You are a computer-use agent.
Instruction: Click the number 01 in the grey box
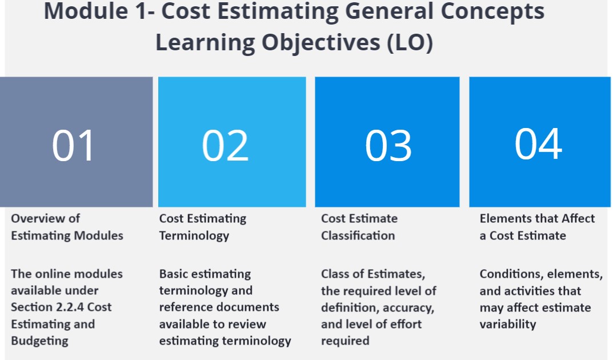pos(73,145)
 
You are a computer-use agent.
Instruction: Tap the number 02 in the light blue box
pos(225,145)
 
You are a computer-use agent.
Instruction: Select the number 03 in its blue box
pos(388,145)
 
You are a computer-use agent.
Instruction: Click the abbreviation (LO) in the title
pos(410,42)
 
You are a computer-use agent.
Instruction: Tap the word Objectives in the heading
pos(320,43)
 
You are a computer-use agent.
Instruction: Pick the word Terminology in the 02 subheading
pos(194,235)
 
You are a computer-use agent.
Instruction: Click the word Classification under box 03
pos(358,235)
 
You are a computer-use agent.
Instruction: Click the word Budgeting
pos(39,341)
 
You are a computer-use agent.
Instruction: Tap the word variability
pos(507,324)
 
